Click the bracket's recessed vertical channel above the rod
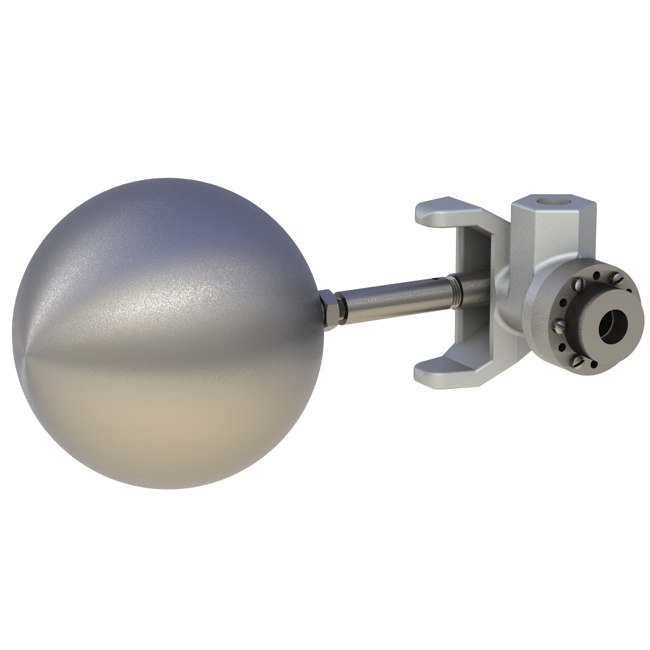tap(476, 249)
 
